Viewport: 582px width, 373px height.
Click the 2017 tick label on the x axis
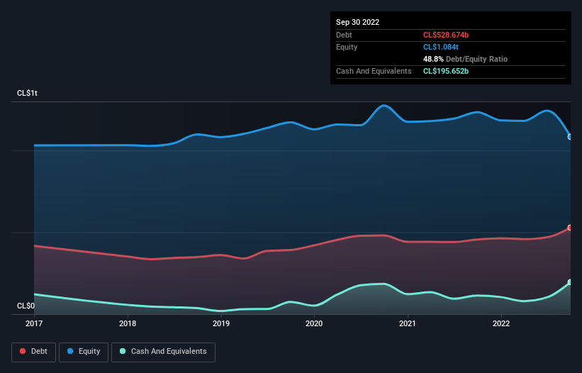(x=34, y=324)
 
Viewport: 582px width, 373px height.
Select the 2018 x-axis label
(x=128, y=324)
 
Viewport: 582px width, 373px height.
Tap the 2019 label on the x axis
(x=221, y=324)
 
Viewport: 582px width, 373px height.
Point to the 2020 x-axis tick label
(x=314, y=324)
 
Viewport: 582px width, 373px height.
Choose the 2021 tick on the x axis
(x=408, y=324)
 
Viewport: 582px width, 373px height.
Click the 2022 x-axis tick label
(x=501, y=324)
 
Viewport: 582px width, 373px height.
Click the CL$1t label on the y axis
(x=27, y=94)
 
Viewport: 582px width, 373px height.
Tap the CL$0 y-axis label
(x=26, y=306)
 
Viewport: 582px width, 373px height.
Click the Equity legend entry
(x=84, y=351)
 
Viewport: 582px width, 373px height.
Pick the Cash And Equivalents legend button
(x=163, y=351)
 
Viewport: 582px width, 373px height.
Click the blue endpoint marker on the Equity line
(x=570, y=137)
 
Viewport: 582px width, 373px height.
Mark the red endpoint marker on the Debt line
(x=570, y=228)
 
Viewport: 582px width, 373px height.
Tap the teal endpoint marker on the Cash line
(x=570, y=282)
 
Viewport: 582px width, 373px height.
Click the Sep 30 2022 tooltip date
(x=357, y=22)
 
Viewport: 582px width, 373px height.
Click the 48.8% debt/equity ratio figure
(x=434, y=59)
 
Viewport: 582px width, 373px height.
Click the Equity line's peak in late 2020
(x=384, y=106)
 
